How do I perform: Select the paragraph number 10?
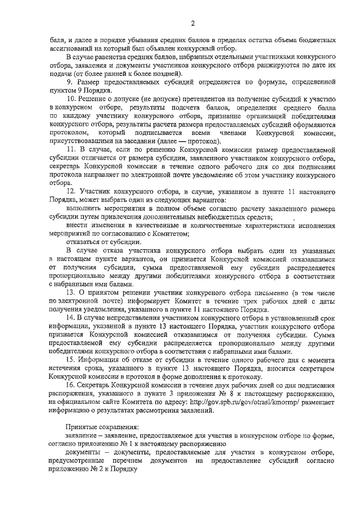pos(71,98)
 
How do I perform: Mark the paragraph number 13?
pos(71,293)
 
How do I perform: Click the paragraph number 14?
pos(71,317)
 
